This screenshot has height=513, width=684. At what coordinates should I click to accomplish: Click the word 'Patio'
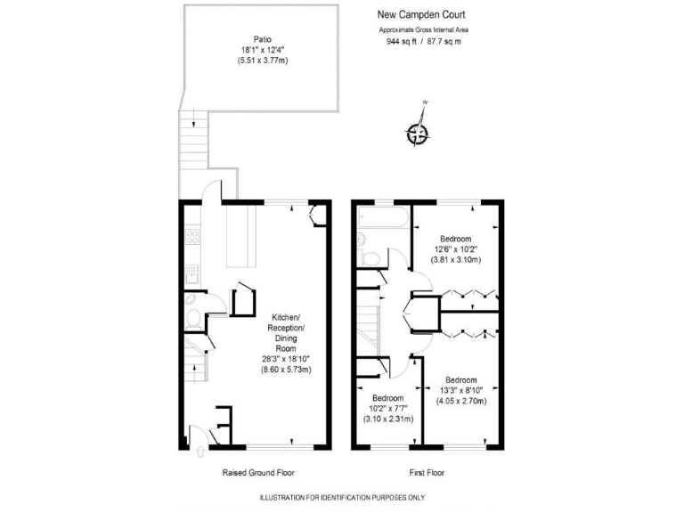coord(262,39)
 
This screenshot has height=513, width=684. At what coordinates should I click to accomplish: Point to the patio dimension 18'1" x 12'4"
coord(262,50)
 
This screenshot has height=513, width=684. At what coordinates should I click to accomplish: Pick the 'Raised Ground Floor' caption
coord(257,473)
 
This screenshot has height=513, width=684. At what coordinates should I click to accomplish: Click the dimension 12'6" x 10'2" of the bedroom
coord(456,249)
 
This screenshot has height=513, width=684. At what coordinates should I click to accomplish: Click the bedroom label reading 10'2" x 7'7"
coord(387,409)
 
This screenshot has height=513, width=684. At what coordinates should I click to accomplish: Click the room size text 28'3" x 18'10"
coord(286,358)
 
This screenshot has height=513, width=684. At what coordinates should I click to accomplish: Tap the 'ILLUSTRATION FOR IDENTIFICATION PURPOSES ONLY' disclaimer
coord(342,497)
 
